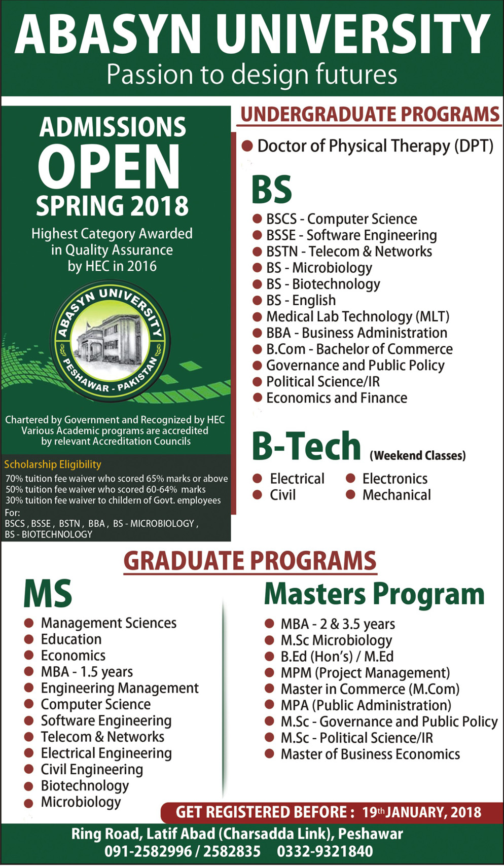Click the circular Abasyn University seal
point(111,341)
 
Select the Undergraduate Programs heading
point(370,115)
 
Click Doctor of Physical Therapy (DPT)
point(375,146)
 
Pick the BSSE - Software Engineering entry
point(351,235)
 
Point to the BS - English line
point(301,300)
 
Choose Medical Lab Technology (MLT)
point(357,316)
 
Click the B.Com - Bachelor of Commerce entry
point(359,349)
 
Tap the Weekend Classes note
point(418,455)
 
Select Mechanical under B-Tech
point(396,495)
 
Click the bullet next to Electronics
point(350,478)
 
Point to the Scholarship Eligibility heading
point(53,464)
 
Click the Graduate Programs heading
point(250,561)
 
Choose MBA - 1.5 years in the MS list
point(87,672)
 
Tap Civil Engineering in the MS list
point(92,769)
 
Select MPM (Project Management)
point(365,673)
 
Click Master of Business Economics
point(370,754)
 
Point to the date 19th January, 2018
point(421,812)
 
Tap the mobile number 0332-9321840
point(325,851)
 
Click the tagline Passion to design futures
point(252,75)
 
